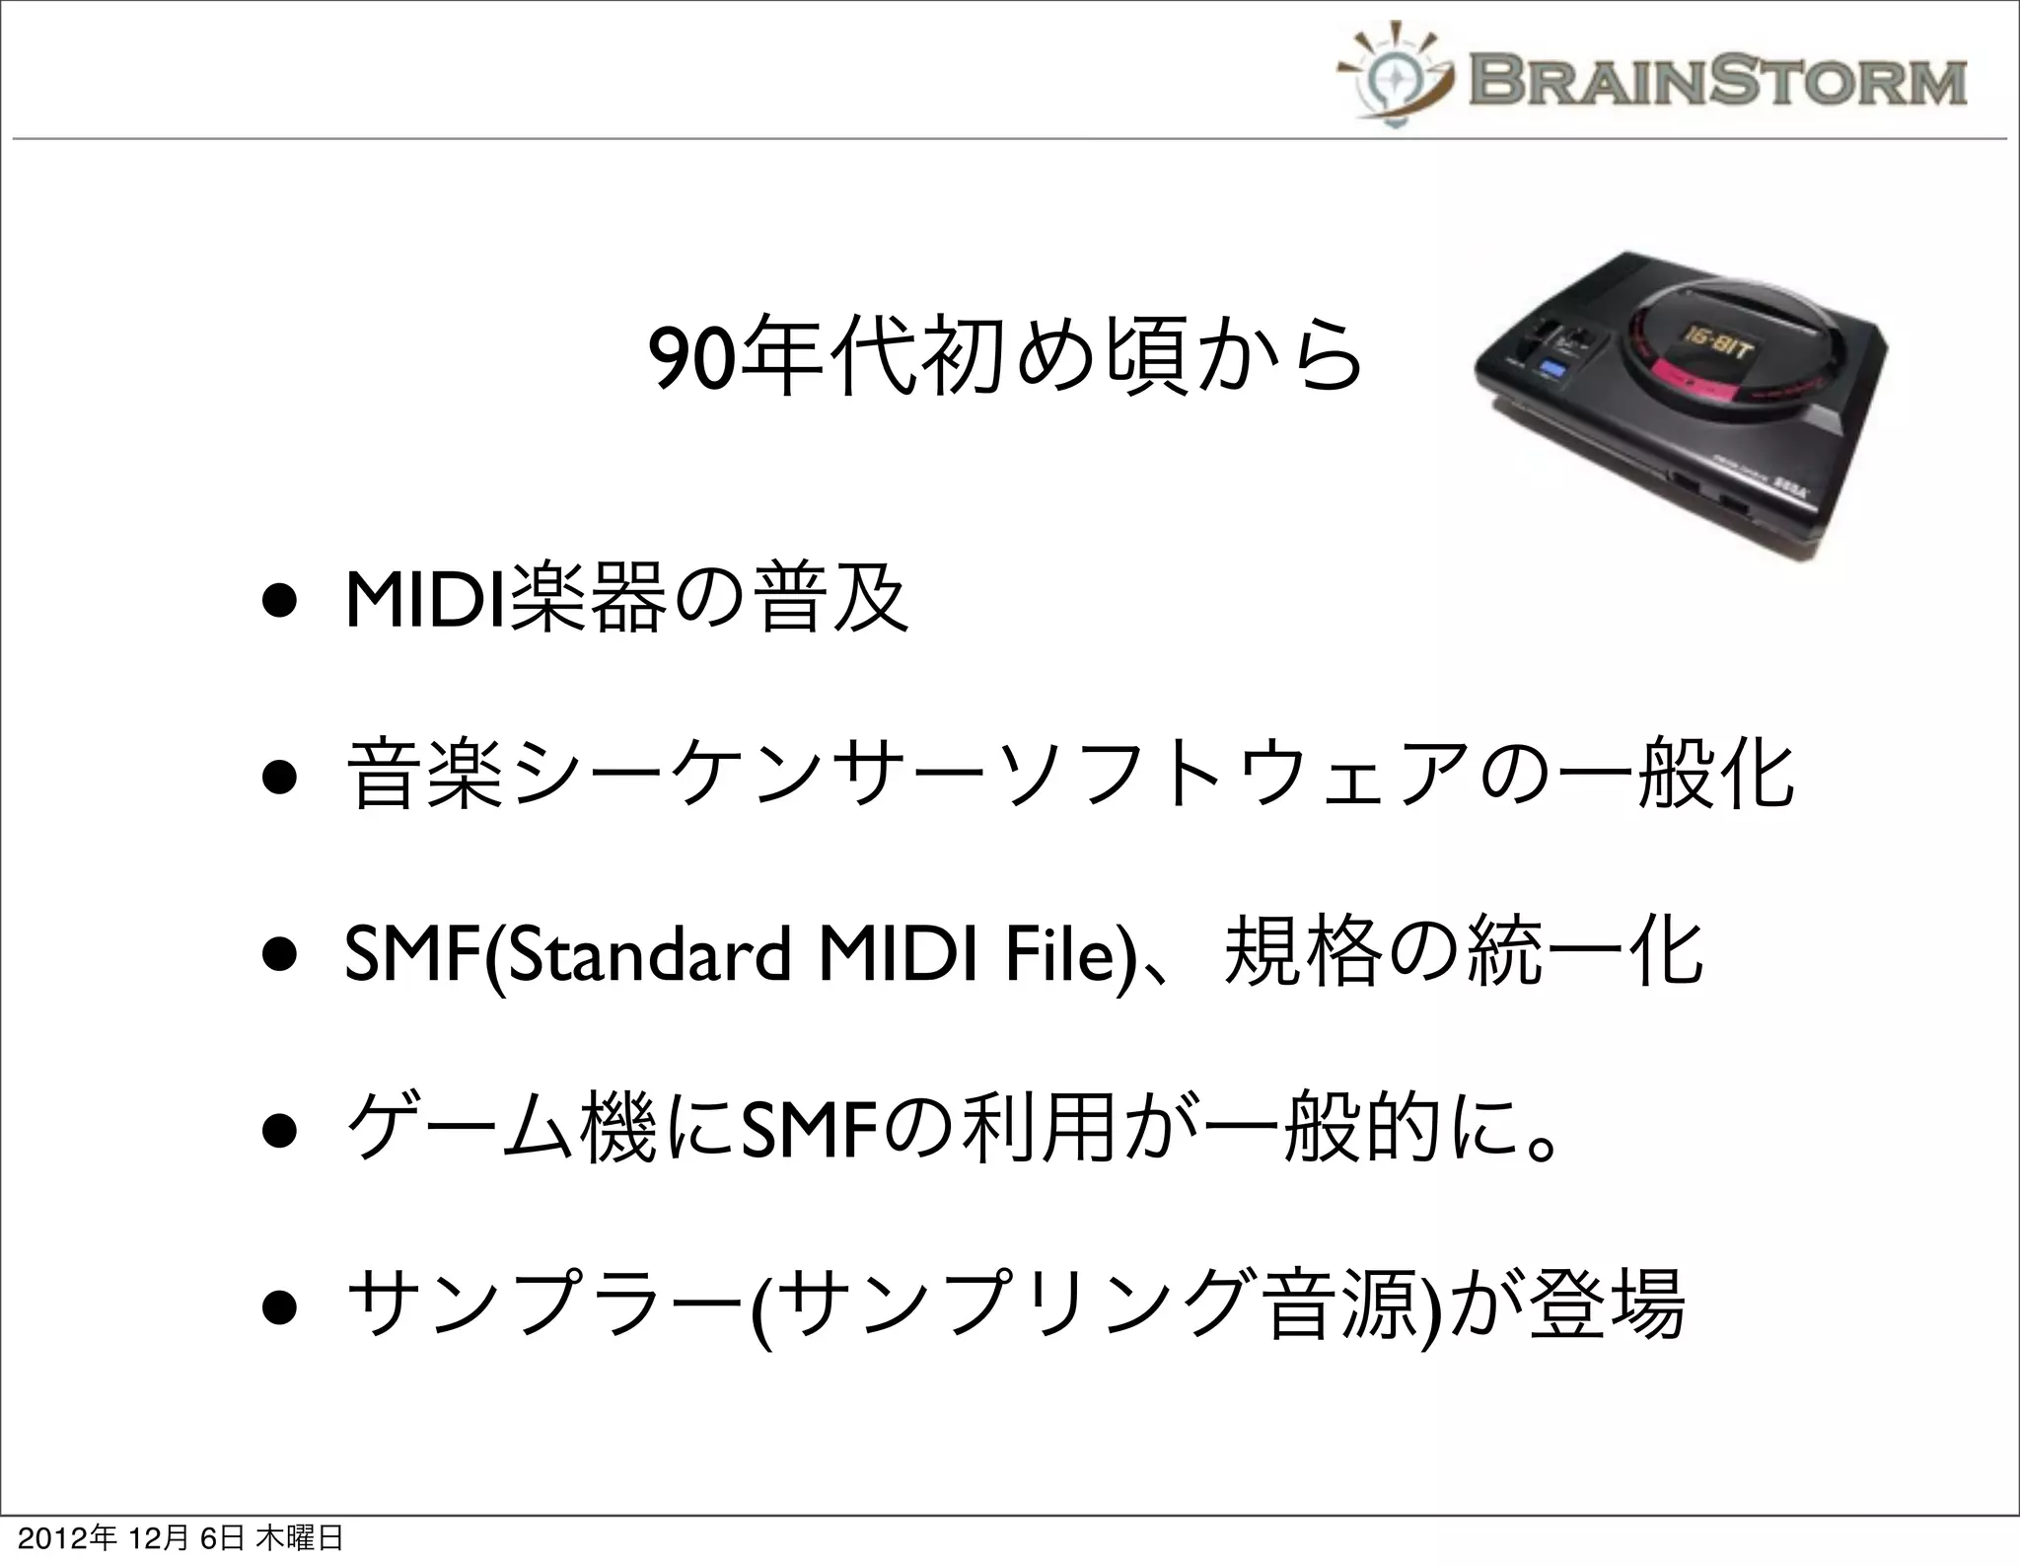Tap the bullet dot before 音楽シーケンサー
[x=279, y=779]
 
